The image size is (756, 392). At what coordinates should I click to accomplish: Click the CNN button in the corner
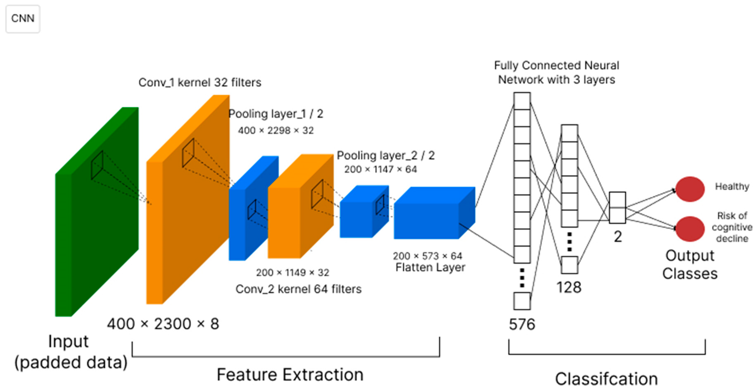point(23,19)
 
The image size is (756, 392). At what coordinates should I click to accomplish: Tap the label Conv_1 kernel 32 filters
point(200,82)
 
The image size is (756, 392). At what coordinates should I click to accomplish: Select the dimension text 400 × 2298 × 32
point(276,130)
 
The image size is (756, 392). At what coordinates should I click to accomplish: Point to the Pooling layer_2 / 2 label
point(386,155)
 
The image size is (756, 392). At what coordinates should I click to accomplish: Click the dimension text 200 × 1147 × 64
point(380,169)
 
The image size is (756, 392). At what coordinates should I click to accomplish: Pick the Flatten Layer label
point(430,267)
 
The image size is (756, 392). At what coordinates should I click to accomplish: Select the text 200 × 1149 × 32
point(292,273)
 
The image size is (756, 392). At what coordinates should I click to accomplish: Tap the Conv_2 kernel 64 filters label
point(298,289)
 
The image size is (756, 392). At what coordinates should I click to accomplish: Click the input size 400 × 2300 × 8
point(163,324)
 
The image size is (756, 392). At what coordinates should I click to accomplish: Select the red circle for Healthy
point(690,189)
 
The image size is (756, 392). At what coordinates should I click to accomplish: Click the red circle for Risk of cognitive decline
point(690,229)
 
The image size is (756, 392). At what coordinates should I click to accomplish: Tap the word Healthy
point(732,186)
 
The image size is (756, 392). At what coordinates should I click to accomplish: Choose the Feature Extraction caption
point(290,375)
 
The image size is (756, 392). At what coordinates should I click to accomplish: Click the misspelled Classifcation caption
point(606,379)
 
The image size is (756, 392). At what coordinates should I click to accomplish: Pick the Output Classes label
point(690,265)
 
